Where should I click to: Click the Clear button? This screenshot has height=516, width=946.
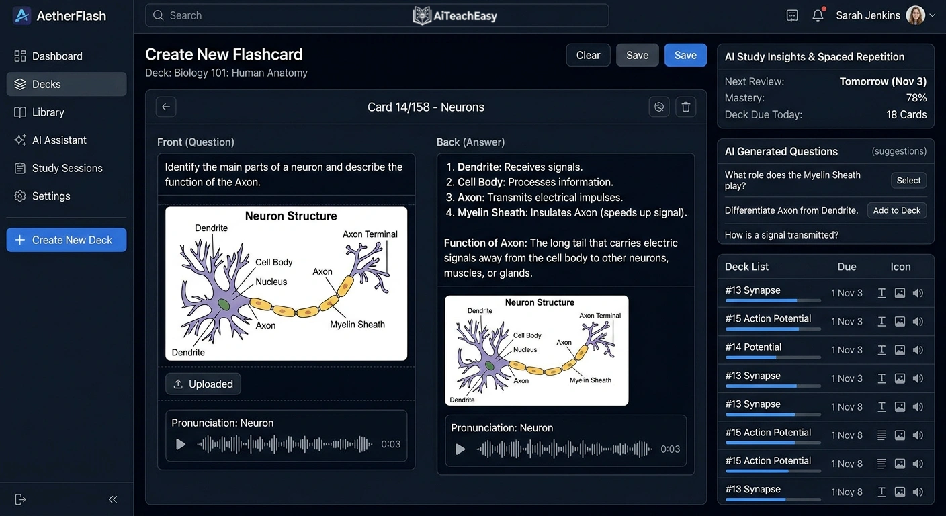[x=588, y=55]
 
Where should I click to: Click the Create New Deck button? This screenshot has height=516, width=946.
[x=67, y=240]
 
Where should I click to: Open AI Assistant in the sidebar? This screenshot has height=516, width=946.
[x=59, y=140]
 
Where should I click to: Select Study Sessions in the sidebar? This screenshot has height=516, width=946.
[x=67, y=168]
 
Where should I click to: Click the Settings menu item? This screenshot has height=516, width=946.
[x=51, y=196]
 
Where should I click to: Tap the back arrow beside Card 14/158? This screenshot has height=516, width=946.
[x=166, y=107]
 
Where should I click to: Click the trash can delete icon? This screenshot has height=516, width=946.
[x=685, y=107]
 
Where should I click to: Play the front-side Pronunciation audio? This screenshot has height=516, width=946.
[x=180, y=444]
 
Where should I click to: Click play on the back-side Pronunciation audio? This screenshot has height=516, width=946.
[x=460, y=449]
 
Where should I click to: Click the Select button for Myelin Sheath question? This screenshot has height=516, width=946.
[x=908, y=180]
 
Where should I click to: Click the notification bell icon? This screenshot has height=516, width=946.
[x=818, y=15]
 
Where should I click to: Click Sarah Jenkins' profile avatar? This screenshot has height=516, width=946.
[x=915, y=15]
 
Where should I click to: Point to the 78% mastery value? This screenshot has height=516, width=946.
[x=916, y=98]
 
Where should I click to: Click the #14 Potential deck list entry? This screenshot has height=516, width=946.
[x=753, y=347]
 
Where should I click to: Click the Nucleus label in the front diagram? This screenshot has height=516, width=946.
[x=271, y=282]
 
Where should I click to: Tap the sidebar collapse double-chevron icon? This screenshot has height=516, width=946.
[x=113, y=499]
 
